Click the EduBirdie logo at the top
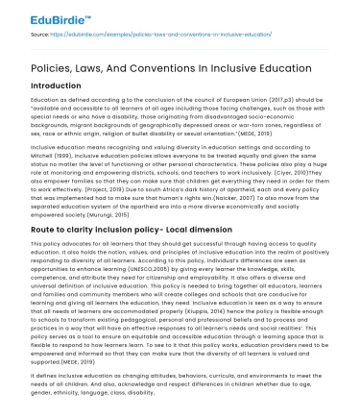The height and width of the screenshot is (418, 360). (x=39, y=12)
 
